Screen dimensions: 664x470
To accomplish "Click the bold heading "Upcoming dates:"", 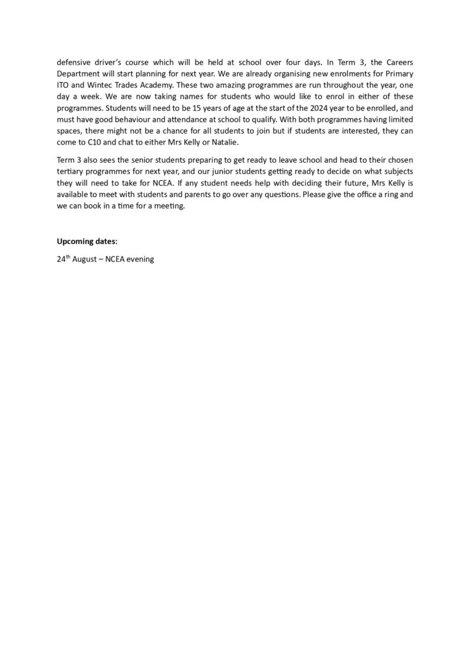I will coord(88,242).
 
